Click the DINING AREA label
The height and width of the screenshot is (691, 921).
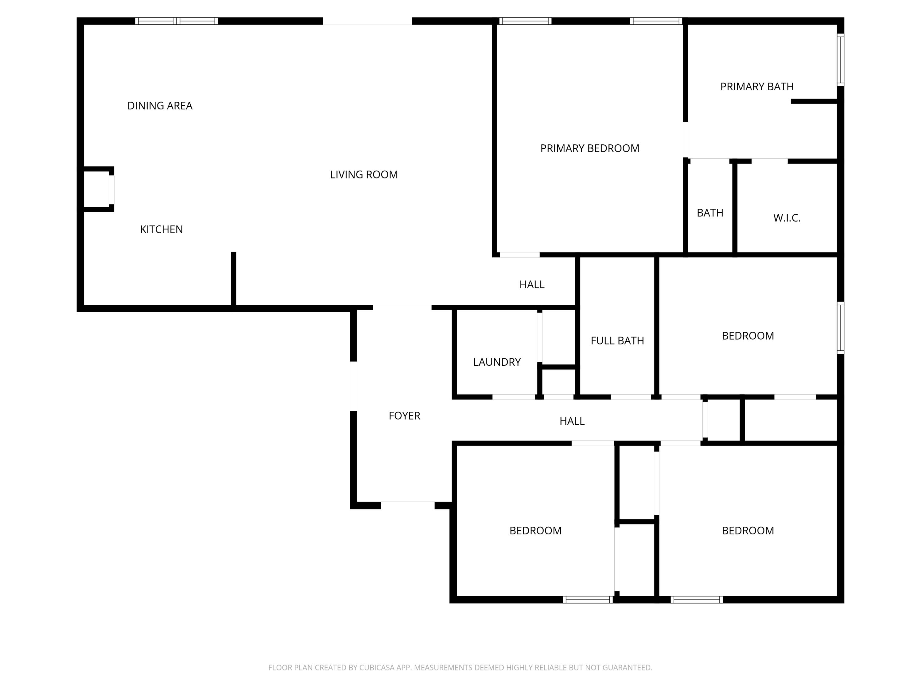[x=160, y=106]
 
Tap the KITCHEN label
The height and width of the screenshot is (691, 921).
[x=161, y=229]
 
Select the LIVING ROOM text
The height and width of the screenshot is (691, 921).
[x=364, y=174]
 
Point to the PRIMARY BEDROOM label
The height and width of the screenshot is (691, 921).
[x=589, y=148]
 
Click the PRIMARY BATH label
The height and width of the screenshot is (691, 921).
[x=756, y=87]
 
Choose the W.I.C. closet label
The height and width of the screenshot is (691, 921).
[x=787, y=218]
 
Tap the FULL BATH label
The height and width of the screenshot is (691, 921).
[x=617, y=341]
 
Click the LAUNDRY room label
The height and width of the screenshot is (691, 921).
[x=497, y=362]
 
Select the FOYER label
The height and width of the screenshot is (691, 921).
[x=404, y=416]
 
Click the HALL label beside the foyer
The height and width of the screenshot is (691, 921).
[x=572, y=421]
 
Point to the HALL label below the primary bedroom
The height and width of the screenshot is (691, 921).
[x=532, y=284]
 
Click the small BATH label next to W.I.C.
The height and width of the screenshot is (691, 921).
[x=710, y=213]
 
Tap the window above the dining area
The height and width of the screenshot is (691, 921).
[x=177, y=21]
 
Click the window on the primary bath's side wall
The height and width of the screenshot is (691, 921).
[x=840, y=60]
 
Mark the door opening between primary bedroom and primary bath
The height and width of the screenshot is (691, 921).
[x=685, y=139]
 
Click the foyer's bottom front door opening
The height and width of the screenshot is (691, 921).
[x=408, y=505]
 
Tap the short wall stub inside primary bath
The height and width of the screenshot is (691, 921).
[x=814, y=101]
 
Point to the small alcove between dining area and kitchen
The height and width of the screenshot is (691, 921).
[x=97, y=189]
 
